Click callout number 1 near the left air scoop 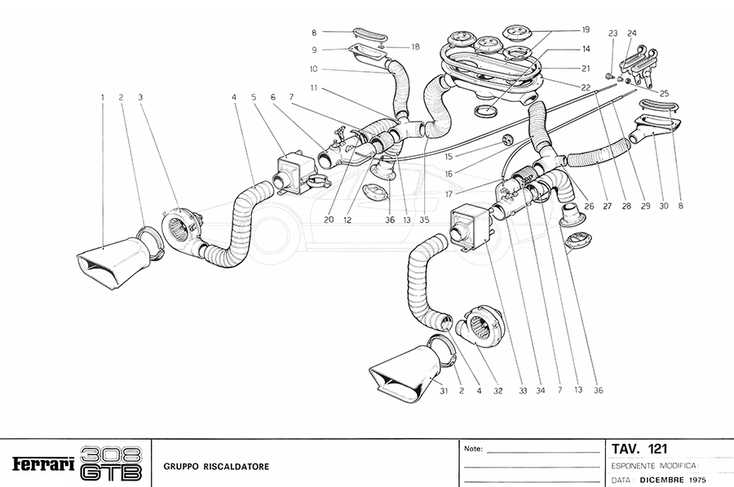(103, 98)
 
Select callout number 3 (140, 98)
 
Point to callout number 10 (312, 69)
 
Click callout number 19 (586, 29)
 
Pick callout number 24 (631, 33)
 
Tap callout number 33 (522, 391)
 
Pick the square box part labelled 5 (294, 172)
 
